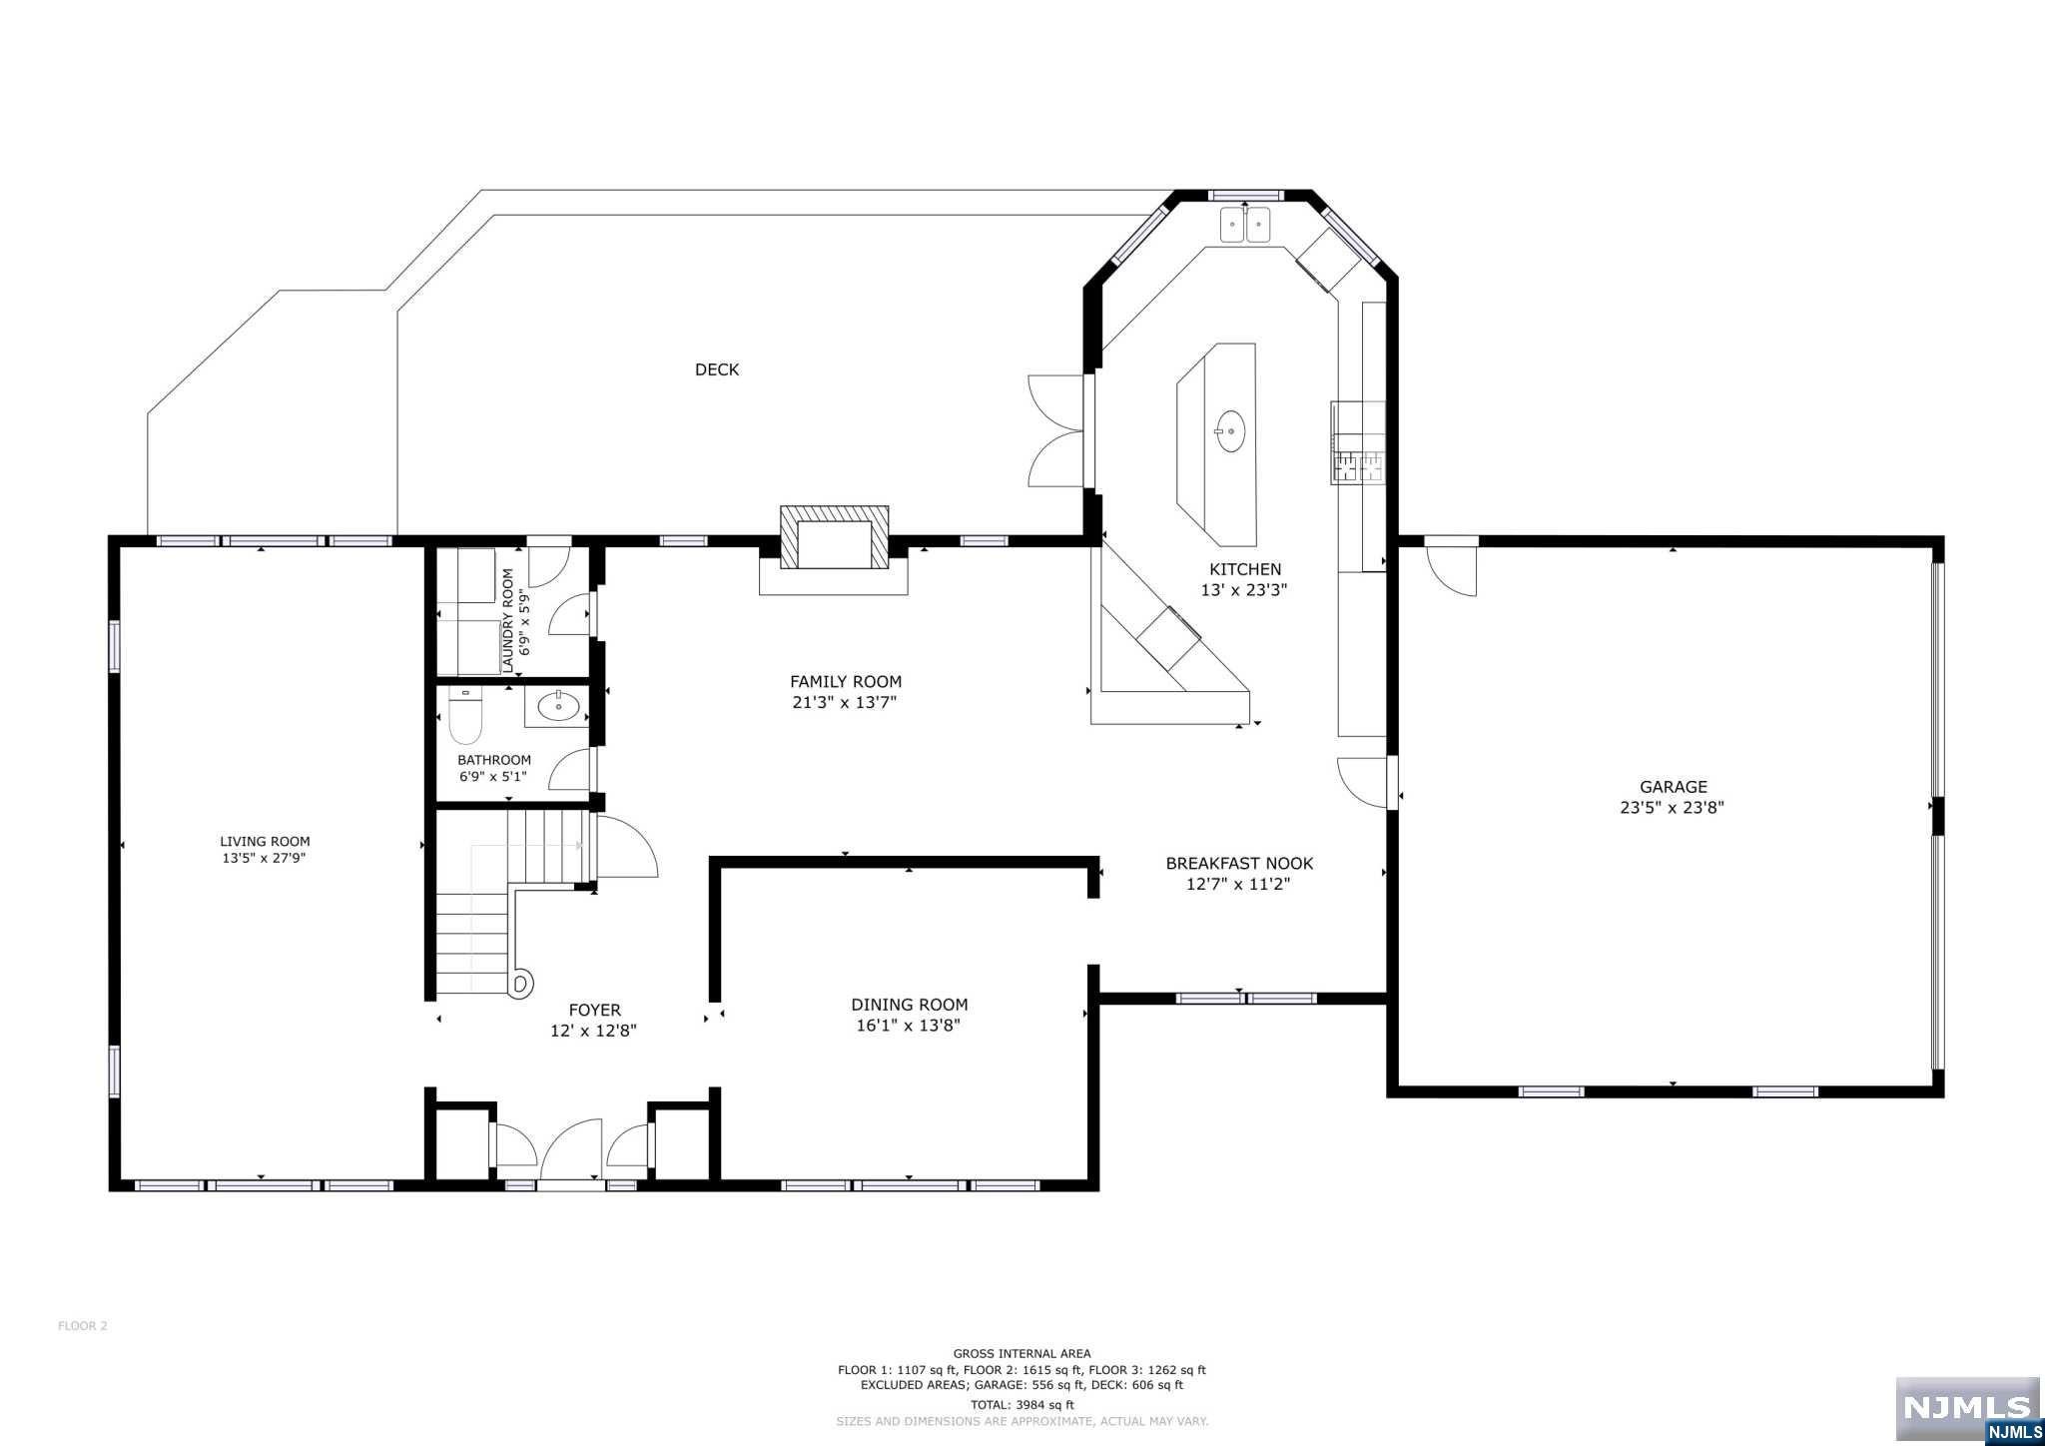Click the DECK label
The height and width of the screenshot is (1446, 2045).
point(717,369)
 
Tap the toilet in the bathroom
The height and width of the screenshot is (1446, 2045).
point(465,715)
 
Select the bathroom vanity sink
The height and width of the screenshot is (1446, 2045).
point(558,706)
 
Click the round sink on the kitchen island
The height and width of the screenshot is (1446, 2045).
point(1230,432)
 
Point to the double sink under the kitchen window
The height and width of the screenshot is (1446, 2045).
point(1244,226)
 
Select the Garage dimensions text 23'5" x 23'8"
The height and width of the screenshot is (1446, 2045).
point(1673,808)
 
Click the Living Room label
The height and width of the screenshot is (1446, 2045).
point(265,842)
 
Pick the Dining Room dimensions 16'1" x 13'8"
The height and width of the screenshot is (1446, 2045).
point(909,1026)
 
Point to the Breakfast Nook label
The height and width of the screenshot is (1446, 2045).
point(1239,864)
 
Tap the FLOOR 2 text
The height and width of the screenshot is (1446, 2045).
point(82,1326)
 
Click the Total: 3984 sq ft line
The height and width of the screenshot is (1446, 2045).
point(1022,1405)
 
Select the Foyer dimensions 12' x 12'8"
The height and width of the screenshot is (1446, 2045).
point(594,1031)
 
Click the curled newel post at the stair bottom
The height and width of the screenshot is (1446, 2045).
point(520,985)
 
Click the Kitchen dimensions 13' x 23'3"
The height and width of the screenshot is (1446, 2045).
point(1243,590)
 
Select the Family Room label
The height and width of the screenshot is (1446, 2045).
point(846,682)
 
